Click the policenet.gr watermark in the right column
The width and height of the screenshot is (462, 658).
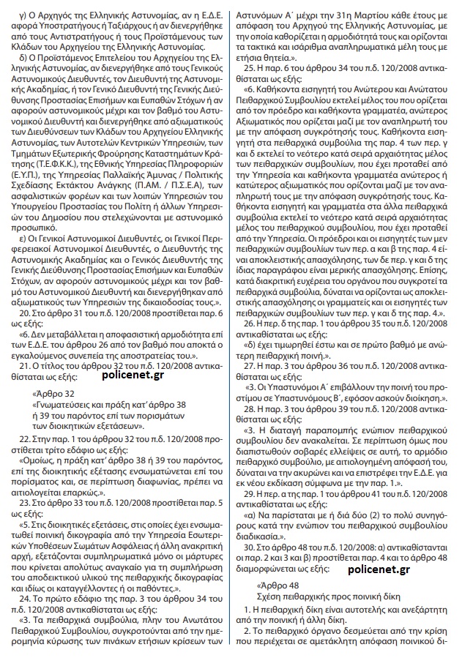coord(380,569)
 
